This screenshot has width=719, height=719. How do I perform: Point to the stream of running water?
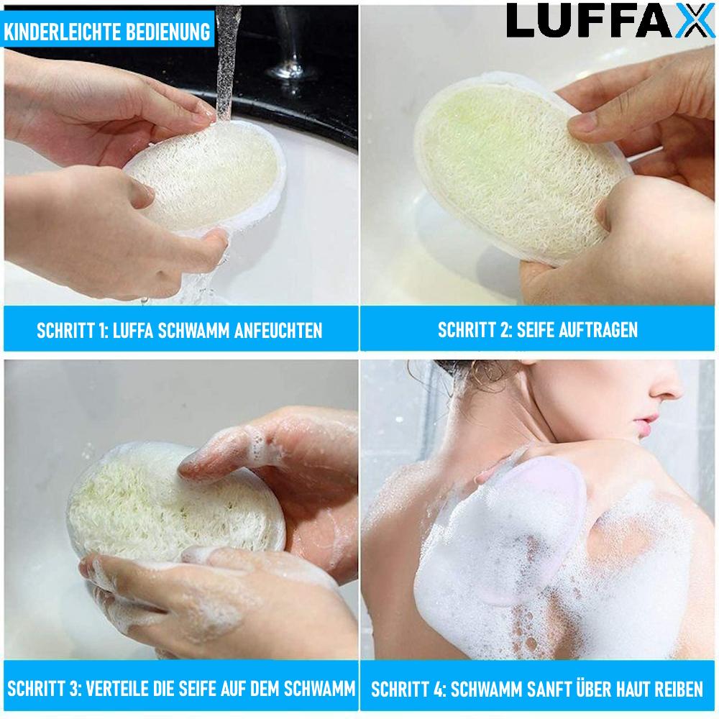pyautogui.click(x=226, y=58)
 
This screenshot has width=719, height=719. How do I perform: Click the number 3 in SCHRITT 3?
pyautogui.click(x=75, y=689)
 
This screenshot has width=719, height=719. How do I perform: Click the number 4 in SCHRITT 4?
pyautogui.click(x=436, y=690)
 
